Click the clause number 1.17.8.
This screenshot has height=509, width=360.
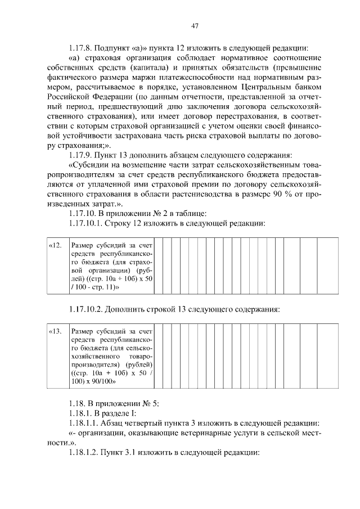click(x=80, y=47)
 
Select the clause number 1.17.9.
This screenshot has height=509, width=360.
click(x=80, y=155)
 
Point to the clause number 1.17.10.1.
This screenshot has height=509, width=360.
click(x=84, y=223)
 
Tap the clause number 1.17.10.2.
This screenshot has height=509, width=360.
click(x=84, y=309)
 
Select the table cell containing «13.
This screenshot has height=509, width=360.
click(x=56, y=331)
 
